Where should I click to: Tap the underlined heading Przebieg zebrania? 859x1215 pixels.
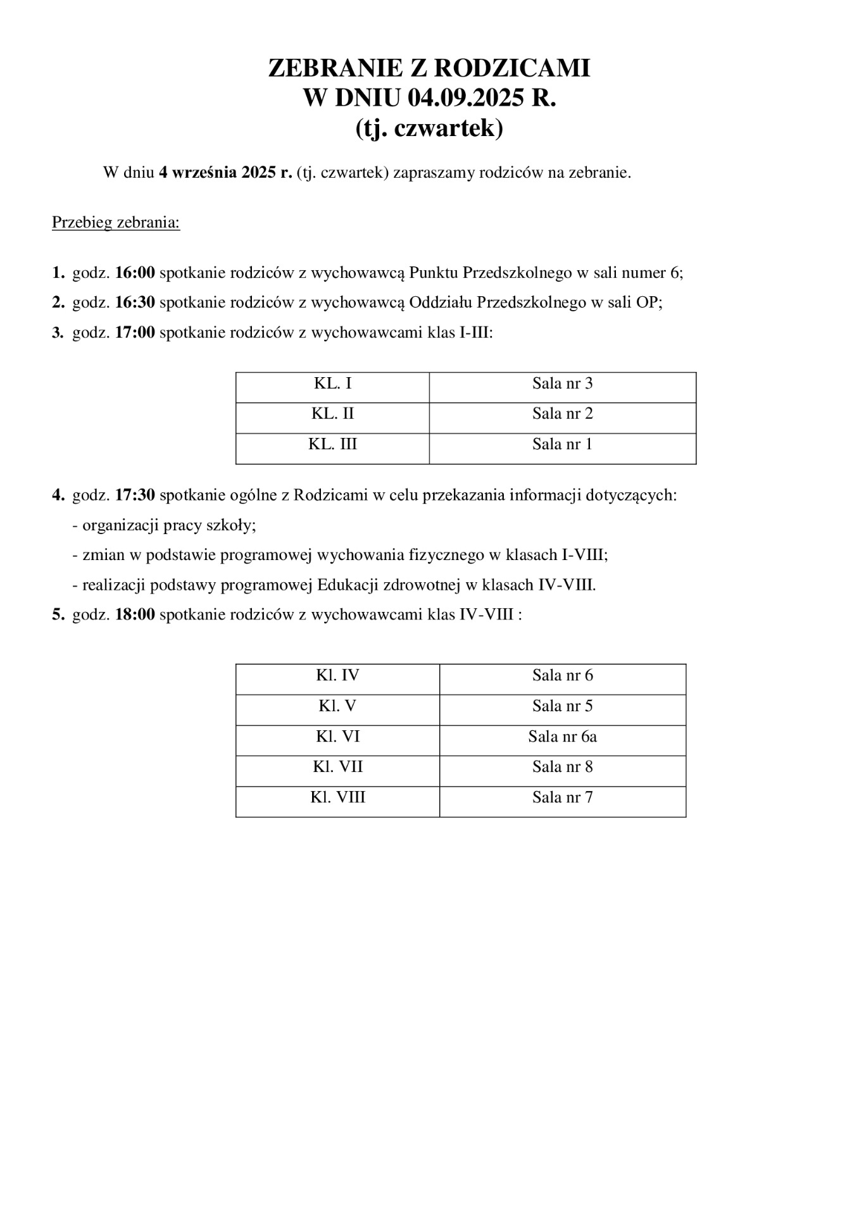pos(116,223)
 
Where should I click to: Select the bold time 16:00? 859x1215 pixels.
pos(135,273)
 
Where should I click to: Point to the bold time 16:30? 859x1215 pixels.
pos(135,302)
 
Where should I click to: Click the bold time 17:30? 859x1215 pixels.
pos(135,495)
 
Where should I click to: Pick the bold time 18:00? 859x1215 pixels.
pos(135,614)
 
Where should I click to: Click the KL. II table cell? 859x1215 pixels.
pos(332,414)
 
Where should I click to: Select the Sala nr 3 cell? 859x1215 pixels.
pos(562,383)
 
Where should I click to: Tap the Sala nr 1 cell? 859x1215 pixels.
pos(562,444)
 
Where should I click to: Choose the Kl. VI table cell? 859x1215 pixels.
pos(337,737)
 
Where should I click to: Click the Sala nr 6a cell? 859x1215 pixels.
pos(562,737)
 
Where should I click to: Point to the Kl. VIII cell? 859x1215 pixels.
pos(337,797)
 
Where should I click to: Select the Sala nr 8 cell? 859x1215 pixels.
pos(562,767)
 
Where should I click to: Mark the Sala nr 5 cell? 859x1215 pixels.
pos(562,706)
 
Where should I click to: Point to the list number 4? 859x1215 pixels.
pos(57,495)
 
